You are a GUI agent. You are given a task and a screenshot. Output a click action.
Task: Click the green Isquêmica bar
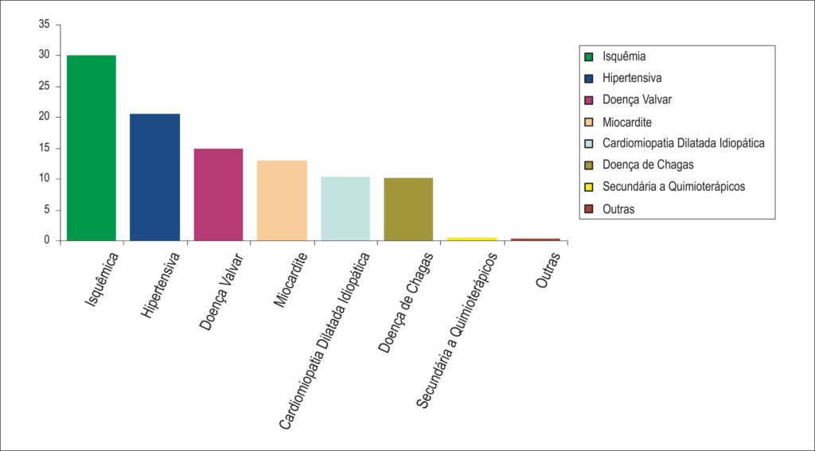click(92, 148)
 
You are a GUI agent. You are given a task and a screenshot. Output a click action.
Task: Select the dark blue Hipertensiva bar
click(155, 177)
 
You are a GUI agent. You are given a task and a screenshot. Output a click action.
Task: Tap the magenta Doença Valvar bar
click(218, 194)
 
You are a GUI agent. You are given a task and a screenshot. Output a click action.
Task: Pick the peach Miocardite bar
click(282, 200)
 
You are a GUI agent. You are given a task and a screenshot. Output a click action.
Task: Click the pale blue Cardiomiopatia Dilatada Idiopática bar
click(345, 208)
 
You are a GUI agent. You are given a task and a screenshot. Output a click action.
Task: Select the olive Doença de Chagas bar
click(408, 209)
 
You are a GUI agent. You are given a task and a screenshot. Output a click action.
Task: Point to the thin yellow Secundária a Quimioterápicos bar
click(472, 239)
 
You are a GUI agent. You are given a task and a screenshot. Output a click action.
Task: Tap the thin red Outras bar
click(536, 239)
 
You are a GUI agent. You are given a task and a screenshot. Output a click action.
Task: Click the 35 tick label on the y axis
click(45, 25)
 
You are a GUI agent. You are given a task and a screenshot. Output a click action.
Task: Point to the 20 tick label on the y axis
click(45, 118)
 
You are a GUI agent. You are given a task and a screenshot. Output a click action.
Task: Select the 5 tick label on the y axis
click(48, 210)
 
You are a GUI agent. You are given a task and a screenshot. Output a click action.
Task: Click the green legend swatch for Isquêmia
click(589, 56)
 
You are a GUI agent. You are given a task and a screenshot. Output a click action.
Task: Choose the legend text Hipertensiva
click(632, 78)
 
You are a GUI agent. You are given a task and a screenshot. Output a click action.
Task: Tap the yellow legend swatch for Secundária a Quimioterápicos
click(589, 187)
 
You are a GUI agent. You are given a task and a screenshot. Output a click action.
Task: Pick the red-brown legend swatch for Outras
click(589, 208)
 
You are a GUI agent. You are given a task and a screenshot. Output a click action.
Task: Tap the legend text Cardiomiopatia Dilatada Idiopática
click(684, 143)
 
